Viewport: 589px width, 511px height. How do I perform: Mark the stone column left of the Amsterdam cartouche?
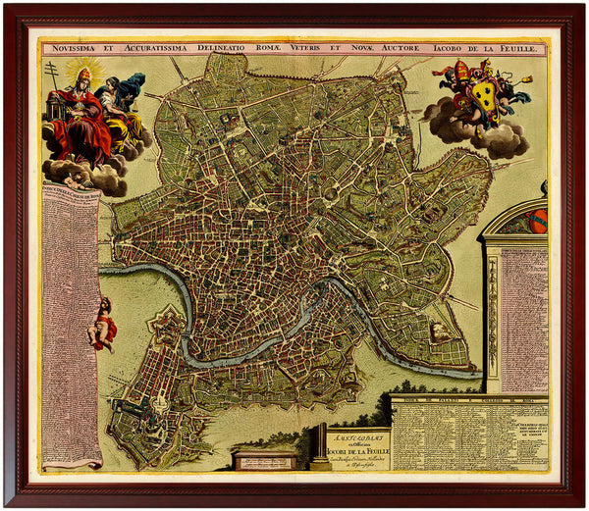tap(319, 446)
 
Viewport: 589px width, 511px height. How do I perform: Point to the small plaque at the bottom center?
tap(265, 459)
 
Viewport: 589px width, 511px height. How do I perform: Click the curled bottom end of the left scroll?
tap(75, 462)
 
